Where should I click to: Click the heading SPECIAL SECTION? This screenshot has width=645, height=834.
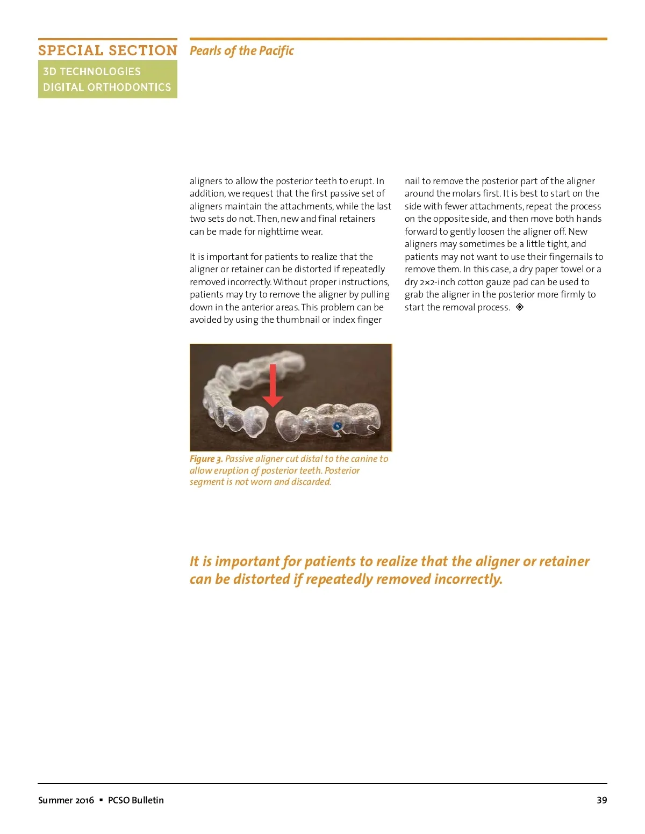(107, 50)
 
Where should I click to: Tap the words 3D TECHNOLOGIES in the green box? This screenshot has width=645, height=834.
(92, 71)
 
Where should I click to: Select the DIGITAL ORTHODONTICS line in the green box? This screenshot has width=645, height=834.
(107, 87)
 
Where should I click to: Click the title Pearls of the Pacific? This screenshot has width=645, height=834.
(241, 50)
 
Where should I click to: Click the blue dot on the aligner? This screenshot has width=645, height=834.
(338, 426)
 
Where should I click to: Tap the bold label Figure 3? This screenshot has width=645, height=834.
(206, 459)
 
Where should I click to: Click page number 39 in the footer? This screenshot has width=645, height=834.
(601, 800)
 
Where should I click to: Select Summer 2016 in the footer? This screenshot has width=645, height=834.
(66, 800)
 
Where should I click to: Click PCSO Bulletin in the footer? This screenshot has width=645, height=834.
(135, 800)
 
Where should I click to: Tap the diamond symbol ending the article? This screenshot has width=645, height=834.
(520, 307)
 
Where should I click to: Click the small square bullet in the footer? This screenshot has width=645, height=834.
(101, 800)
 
